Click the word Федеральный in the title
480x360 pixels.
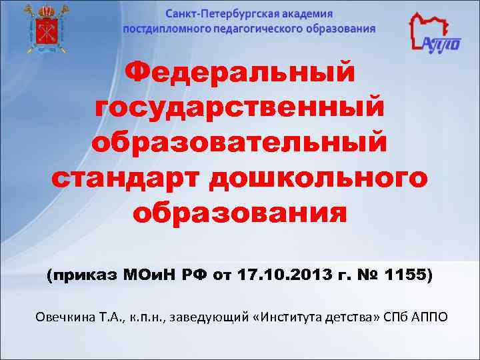point(240,73)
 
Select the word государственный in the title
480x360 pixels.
point(240,107)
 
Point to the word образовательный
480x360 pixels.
point(240,142)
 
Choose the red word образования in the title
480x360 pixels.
point(240,214)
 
